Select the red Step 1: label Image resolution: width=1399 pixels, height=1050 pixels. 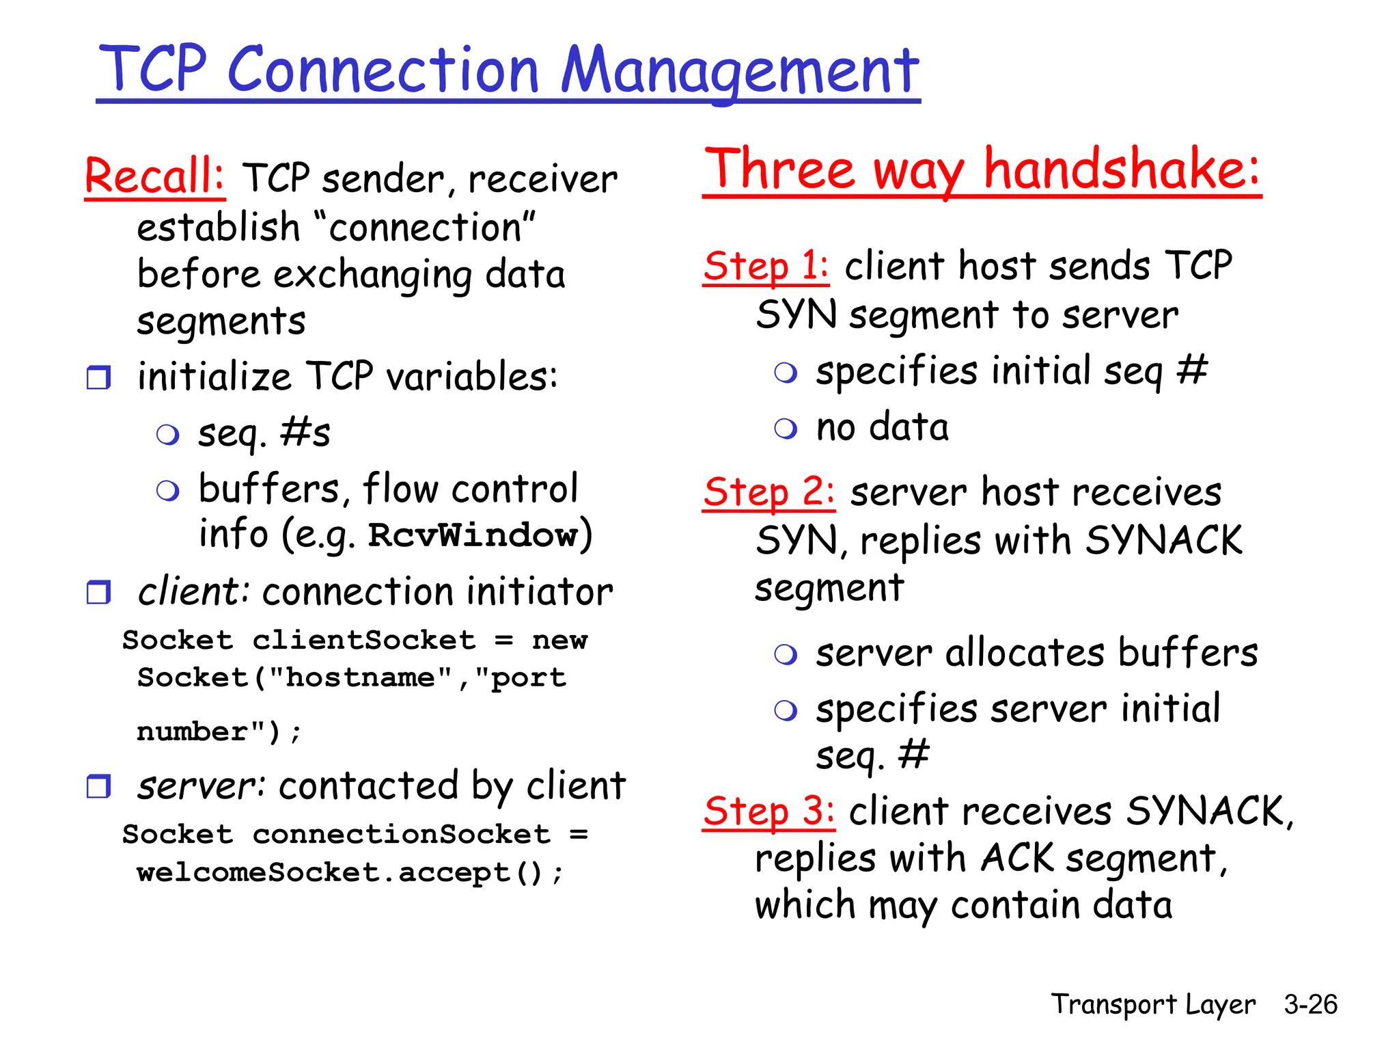(766, 266)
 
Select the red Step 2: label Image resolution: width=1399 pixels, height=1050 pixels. (768, 492)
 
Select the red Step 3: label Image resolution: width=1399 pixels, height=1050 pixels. (768, 811)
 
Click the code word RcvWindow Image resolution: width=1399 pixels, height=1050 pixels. (473, 535)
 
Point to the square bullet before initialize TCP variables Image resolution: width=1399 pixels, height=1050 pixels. (99, 377)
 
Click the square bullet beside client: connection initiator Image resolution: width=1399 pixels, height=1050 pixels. (99, 592)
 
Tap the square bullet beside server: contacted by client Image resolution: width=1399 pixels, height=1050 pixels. (99, 786)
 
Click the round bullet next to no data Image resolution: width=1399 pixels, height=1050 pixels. (786, 429)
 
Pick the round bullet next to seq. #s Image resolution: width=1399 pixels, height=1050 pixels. (167, 434)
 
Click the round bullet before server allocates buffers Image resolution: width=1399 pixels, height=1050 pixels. (786, 654)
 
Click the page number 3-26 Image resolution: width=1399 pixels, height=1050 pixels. (1310, 1004)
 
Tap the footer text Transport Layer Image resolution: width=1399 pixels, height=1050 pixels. (1152, 1004)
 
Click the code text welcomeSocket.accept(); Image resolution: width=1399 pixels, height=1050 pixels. (350, 872)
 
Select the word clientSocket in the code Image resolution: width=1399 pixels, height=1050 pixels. (363, 641)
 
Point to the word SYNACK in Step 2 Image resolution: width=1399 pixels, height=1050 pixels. (1163, 540)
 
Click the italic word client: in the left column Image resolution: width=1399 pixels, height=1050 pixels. (193, 592)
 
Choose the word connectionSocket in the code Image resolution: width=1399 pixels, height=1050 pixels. (401, 835)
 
